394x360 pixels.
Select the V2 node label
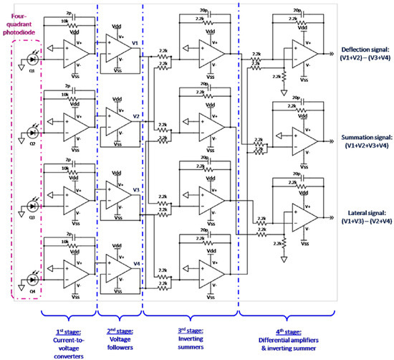click(135, 115)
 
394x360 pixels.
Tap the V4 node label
click(135, 263)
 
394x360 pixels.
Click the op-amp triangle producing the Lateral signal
click(301, 213)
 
